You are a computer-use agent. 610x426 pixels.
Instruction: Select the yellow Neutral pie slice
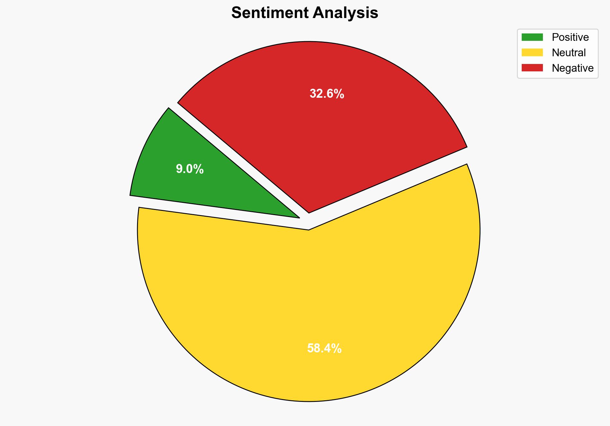[x=308, y=305]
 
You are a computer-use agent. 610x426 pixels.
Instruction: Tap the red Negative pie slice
[x=321, y=129]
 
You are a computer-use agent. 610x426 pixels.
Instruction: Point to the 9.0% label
[x=190, y=169]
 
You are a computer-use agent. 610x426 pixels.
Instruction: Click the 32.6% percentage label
[x=327, y=94]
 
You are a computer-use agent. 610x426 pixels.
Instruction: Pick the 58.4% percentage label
[x=324, y=349]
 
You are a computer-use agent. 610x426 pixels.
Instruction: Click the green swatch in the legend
[x=532, y=37]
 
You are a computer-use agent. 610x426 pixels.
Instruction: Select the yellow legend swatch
[x=532, y=52]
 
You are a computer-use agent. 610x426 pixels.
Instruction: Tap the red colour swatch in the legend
[x=532, y=68]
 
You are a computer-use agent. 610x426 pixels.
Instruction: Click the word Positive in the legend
[x=570, y=37]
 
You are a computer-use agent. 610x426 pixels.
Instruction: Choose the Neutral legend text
[x=569, y=53]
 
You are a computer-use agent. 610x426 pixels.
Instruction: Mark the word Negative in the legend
[x=572, y=68]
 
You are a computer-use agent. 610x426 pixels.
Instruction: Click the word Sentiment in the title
[x=270, y=13]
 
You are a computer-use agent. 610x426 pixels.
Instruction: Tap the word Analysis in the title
[x=345, y=13]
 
